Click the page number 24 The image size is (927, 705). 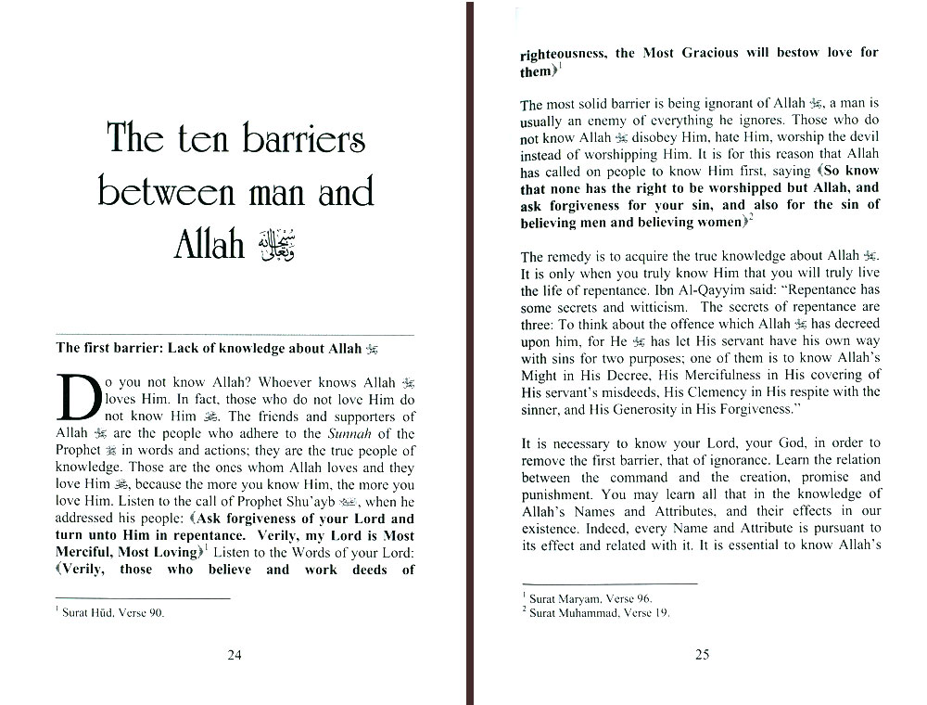coord(235,655)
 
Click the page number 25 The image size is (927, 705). coord(702,655)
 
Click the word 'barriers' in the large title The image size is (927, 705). coord(303,140)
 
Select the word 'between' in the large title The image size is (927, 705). coord(162,192)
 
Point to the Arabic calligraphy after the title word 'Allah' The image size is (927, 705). coord(275,243)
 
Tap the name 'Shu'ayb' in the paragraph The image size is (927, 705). coord(310,502)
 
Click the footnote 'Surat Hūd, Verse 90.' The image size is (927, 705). coord(113,613)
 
